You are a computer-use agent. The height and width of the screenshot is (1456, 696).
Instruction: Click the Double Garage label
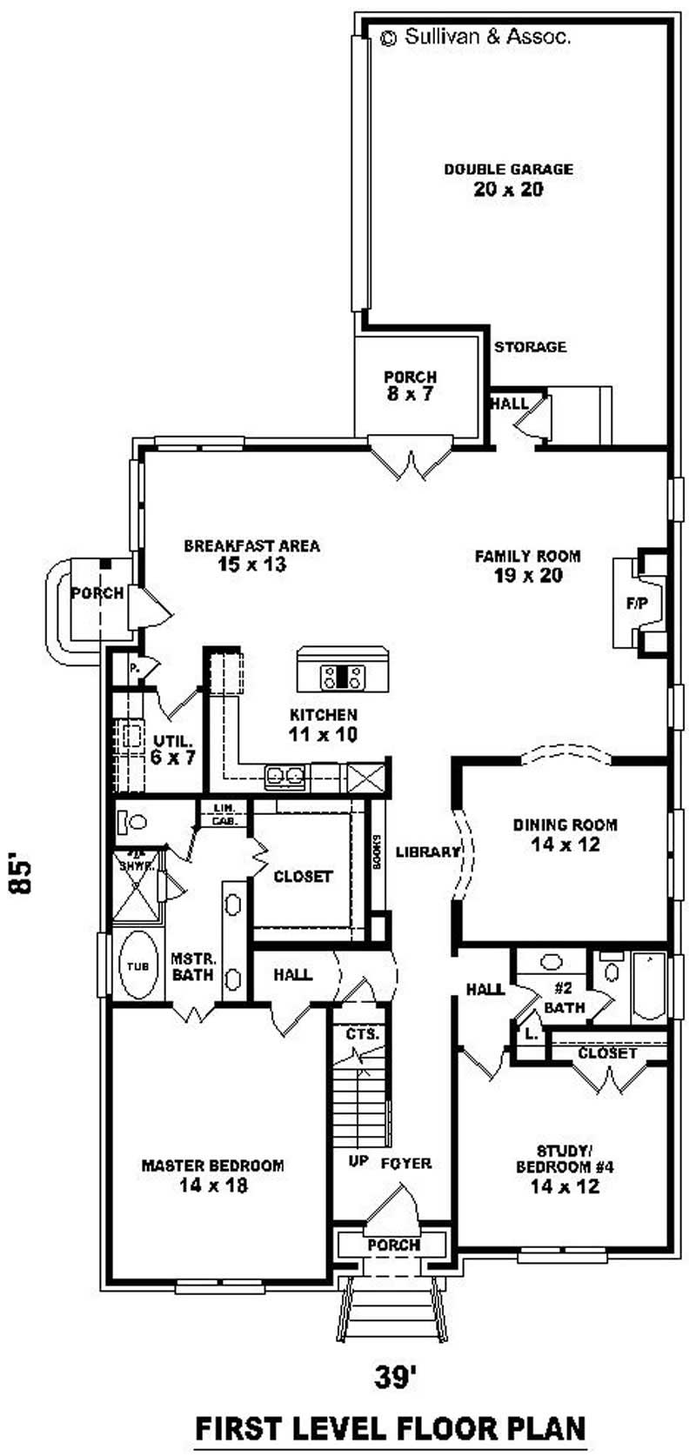click(x=508, y=179)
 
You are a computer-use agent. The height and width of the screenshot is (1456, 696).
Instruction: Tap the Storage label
click(x=530, y=347)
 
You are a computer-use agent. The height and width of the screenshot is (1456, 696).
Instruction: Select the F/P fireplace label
click(x=637, y=603)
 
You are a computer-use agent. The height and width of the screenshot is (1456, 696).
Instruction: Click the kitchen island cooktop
click(x=341, y=675)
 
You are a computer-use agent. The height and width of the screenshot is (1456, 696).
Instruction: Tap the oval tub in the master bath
click(x=137, y=965)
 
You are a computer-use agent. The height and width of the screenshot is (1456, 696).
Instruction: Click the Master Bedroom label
click(x=213, y=1174)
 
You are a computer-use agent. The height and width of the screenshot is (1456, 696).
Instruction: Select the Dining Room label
click(x=565, y=833)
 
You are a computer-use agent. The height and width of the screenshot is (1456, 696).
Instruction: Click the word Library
click(x=427, y=852)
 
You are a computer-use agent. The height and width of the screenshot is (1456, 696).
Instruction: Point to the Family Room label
click(x=527, y=565)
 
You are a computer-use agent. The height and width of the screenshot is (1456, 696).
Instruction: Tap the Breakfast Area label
click(x=251, y=555)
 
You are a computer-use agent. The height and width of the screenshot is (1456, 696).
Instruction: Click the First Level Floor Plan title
click(x=390, y=1428)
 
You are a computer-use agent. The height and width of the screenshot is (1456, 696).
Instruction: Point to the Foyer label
click(x=405, y=1163)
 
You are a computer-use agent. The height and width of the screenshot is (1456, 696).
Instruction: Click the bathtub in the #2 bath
click(x=647, y=988)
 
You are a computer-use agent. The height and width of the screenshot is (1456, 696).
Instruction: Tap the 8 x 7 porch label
click(x=410, y=385)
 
